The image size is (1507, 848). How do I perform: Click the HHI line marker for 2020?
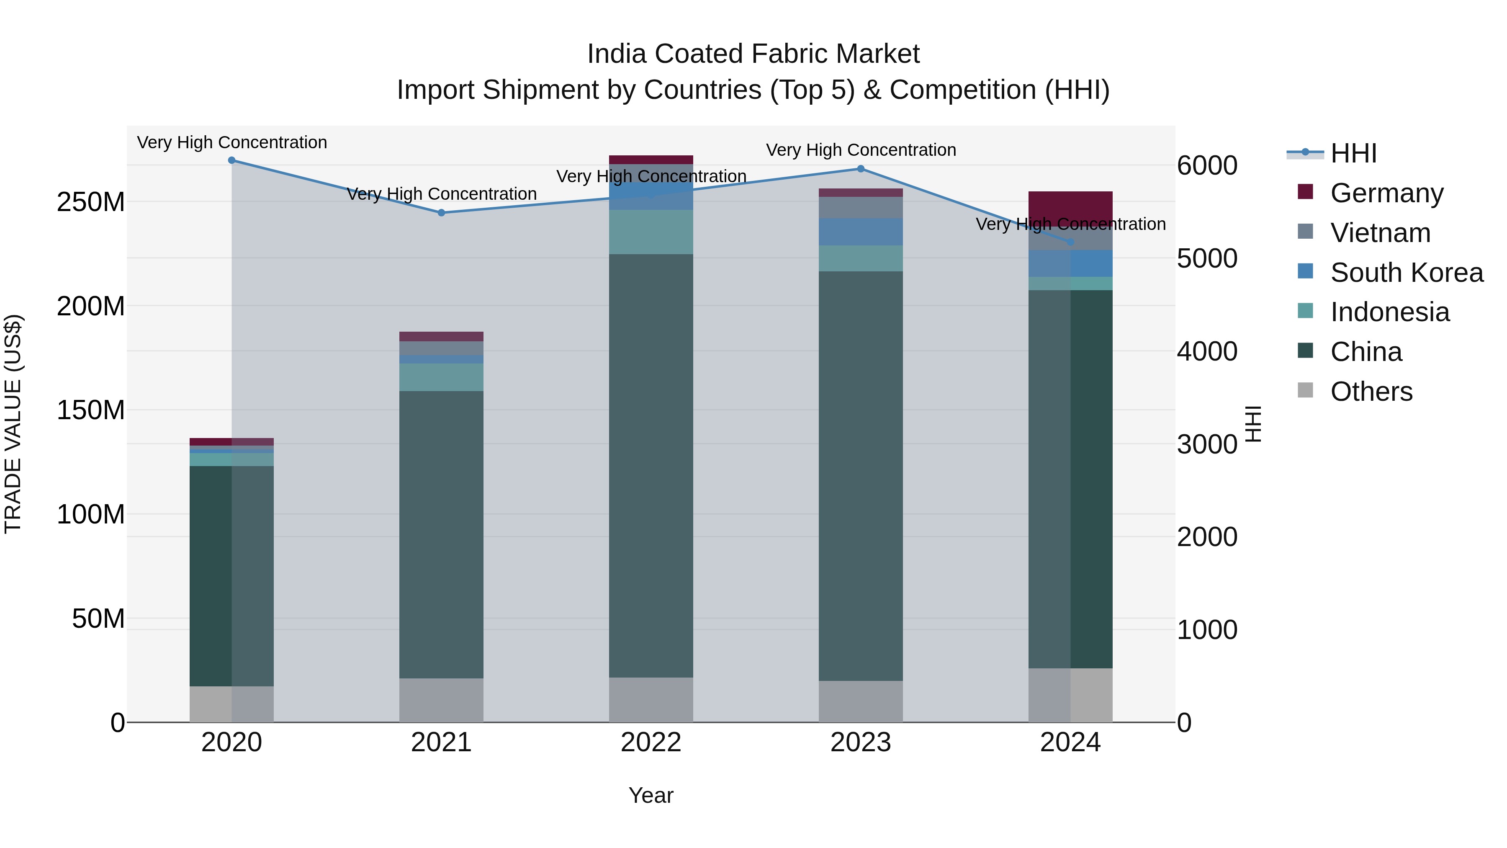[x=231, y=160]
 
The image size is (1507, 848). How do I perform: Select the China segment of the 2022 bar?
[x=651, y=465]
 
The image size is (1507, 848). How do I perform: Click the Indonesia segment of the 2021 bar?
[x=441, y=377]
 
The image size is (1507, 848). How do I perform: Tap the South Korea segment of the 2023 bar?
[x=861, y=232]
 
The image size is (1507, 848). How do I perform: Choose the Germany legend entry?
[x=1386, y=193]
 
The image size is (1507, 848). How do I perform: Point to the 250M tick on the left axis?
[x=91, y=202]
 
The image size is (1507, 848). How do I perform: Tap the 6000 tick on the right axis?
[x=1207, y=165]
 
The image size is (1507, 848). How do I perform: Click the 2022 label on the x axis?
[x=651, y=742]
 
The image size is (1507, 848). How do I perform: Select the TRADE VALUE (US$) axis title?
[x=13, y=424]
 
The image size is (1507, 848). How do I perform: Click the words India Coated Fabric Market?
[x=753, y=54]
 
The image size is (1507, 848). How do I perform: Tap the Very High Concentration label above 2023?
[x=861, y=150]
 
